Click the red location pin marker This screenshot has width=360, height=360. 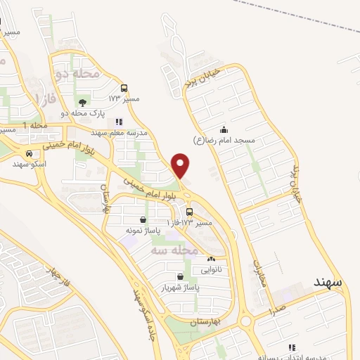coord(181,166)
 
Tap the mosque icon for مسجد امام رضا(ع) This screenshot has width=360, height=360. coord(224,129)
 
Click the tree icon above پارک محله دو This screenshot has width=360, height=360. coord(84,103)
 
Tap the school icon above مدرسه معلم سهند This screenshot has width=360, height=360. coord(118,122)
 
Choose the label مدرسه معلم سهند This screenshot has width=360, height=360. coord(118,131)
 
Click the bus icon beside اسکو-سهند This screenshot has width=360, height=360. coord(29,153)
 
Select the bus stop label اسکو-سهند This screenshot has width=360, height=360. coord(29,163)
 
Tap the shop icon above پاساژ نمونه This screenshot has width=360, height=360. coord(143,220)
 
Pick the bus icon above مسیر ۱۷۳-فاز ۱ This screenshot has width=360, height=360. coord(189,212)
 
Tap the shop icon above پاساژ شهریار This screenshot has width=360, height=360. coord(182,276)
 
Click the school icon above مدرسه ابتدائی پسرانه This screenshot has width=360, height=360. coord(291,347)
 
